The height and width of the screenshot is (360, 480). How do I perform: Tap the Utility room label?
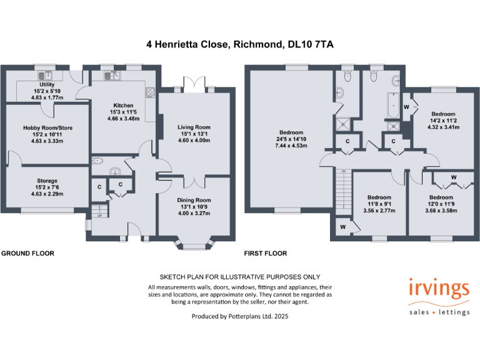click(x=47, y=84)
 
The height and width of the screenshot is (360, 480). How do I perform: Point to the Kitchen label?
click(x=123, y=105)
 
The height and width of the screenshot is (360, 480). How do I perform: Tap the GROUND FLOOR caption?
click(x=27, y=254)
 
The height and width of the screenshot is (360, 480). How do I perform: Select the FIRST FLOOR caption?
click(x=266, y=254)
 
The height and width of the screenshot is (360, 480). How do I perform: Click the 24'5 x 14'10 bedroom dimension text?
click(x=291, y=139)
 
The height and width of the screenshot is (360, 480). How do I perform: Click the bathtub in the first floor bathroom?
click(x=393, y=106)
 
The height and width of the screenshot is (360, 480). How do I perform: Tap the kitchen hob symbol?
click(x=151, y=93)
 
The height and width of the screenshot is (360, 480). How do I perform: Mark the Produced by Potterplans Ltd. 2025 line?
click(x=240, y=317)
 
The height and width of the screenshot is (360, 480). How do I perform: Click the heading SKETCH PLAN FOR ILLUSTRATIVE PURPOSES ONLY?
click(x=240, y=277)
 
